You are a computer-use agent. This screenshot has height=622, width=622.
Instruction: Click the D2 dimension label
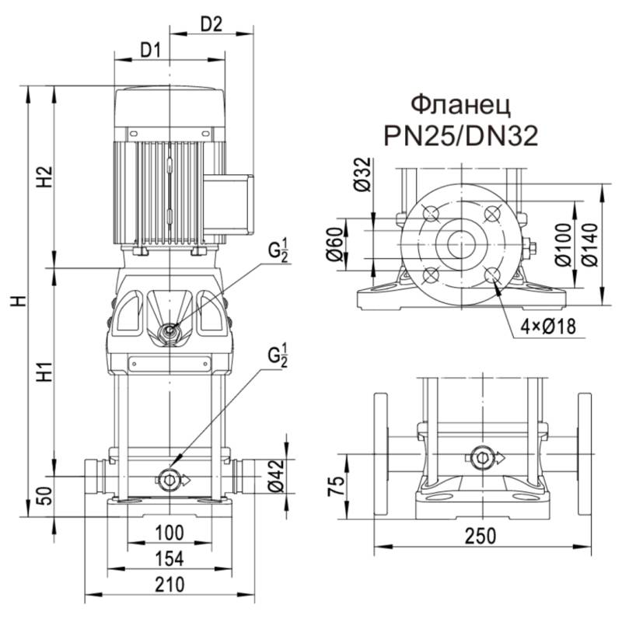211,23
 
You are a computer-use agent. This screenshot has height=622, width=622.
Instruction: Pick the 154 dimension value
169,557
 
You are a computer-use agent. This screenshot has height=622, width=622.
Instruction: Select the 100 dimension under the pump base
169,533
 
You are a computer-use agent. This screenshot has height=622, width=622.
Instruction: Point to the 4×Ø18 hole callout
547,327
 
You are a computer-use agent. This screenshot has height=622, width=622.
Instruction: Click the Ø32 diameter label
359,175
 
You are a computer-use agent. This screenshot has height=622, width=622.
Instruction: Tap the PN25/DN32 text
460,137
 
